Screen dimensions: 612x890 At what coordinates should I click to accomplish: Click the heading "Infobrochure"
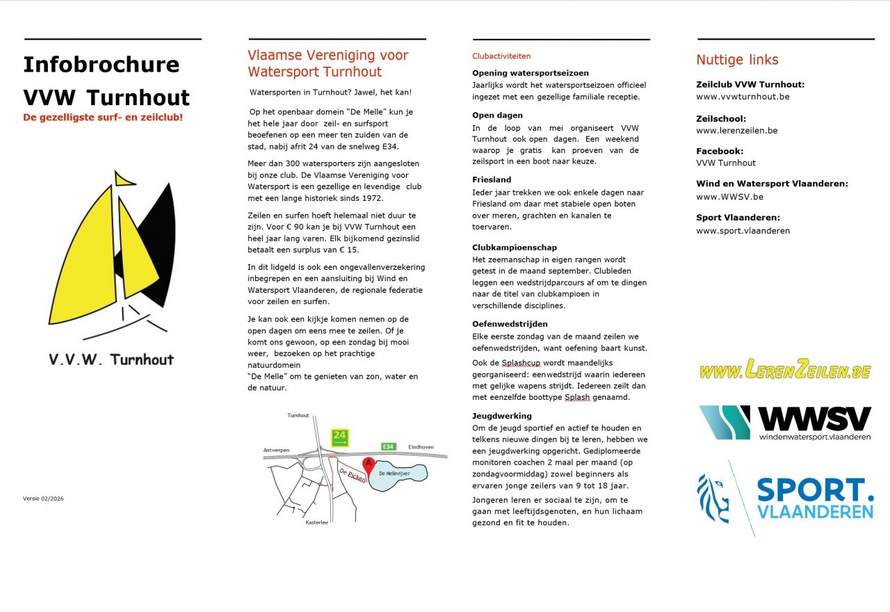[x=101, y=65]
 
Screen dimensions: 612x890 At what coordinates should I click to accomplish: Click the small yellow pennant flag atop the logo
[x=124, y=179]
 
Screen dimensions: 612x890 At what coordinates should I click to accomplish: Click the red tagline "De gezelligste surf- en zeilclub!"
[x=103, y=118]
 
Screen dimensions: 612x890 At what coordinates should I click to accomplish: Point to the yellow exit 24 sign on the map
[x=339, y=437]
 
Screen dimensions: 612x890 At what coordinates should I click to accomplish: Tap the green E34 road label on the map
[x=389, y=446]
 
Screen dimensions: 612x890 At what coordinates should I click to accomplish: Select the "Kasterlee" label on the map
[x=316, y=522]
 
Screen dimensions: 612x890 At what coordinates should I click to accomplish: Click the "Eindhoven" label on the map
[x=421, y=446]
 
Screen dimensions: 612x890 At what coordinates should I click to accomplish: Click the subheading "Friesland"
[x=492, y=179]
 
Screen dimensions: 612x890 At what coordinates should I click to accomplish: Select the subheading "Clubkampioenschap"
[x=515, y=247]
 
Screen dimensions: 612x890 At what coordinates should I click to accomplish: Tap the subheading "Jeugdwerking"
[x=502, y=416]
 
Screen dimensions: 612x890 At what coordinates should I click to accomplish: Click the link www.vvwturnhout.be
[x=743, y=97]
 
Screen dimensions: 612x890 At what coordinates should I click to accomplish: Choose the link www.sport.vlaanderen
[x=743, y=231]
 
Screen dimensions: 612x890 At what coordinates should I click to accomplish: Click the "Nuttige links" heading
[x=737, y=60]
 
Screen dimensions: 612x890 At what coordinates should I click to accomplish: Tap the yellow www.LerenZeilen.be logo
[x=785, y=370]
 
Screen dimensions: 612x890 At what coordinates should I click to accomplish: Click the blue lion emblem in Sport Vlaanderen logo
[x=713, y=498]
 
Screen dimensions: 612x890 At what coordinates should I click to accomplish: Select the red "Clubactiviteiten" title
[x=501, y=56]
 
